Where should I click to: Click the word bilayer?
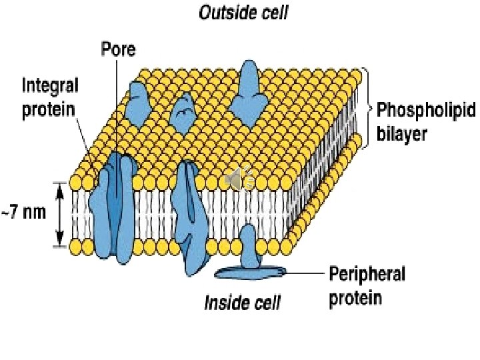[x=402, y=133]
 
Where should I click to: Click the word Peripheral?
[x=367, y=274]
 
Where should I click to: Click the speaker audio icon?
[x=237, y=179]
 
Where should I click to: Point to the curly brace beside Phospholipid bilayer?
[x=366, y=107]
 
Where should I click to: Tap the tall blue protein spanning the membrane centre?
[x=193, y=213]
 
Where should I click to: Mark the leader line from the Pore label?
[x=116, y=107]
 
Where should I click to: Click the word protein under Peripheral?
[x=356, y=297]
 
